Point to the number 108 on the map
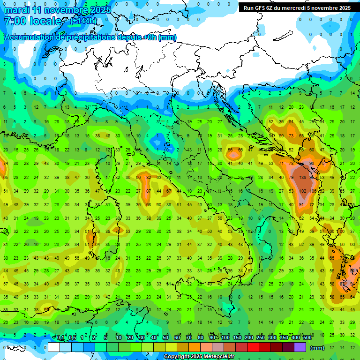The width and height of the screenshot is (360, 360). (313, 191)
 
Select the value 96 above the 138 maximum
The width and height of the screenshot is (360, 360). (312, 164)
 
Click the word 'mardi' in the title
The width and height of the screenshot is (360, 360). (17, 10)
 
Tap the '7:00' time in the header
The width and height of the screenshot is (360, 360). (15, 22)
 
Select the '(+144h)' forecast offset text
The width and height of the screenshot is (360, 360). (83, 21)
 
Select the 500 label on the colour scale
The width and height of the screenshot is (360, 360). (307, 338)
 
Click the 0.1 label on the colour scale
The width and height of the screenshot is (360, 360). (60, 338)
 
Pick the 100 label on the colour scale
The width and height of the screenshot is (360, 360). (225, 338)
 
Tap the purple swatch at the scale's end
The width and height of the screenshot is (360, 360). (300, 347)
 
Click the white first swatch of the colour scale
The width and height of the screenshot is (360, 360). (54, 347)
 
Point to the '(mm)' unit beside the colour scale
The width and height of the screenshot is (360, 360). (317, 347)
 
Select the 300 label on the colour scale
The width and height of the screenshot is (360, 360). (272, 338)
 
